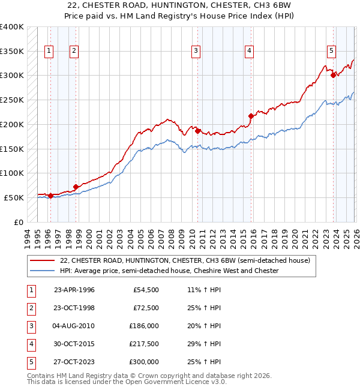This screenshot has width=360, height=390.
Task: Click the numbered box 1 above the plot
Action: point(49,52)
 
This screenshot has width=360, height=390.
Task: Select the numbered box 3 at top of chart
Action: point(196,52)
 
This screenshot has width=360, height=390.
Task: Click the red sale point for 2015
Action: point(251,116)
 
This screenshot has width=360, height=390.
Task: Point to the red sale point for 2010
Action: point(197,131)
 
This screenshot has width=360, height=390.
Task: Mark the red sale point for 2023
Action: point(334,75)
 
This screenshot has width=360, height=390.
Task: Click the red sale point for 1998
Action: point(76,187)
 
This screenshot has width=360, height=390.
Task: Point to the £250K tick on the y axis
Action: point(12,100)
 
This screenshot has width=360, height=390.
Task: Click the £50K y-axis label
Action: point(14,197)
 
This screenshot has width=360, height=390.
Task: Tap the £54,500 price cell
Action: point(146,290)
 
